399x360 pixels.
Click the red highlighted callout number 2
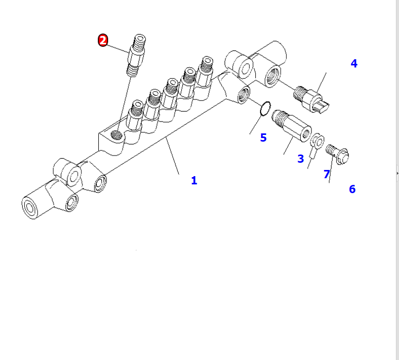(x=103, y=40)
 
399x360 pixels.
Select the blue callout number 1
(x=194, y=180)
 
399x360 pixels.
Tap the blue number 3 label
(x=301, y=159)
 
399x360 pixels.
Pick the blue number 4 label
(x=354, y=63)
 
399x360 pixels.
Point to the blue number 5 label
(x=264, y=138)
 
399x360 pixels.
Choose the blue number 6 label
(x=352, y=189)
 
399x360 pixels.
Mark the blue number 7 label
(x=327, y=174)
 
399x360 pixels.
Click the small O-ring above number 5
(x=265, y=108)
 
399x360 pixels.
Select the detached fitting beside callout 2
(x=136, y=55)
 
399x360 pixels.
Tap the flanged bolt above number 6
(x=337, y=154)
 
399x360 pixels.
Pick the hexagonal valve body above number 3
(x=292, y=126)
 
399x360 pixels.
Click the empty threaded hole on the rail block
(x=116, y=135)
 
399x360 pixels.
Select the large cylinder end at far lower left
(x=30, y=208)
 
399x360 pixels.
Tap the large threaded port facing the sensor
(x=273, y=76)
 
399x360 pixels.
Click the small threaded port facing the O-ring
(x=244, y=95)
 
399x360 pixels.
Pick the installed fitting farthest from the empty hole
(x=205, y=72)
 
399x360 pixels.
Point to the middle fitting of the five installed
(x=170, y=93)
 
